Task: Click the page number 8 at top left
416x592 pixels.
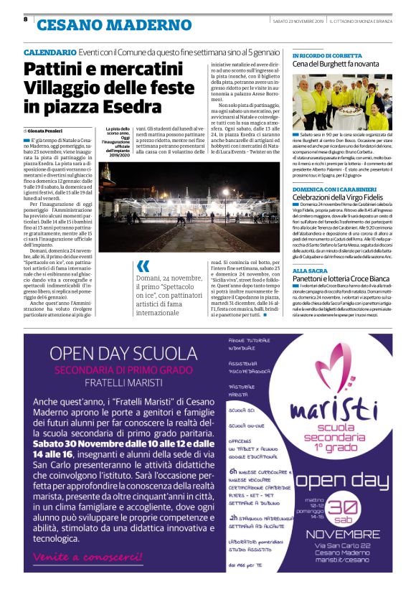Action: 25,19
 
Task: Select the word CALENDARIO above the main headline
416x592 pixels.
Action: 49,53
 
